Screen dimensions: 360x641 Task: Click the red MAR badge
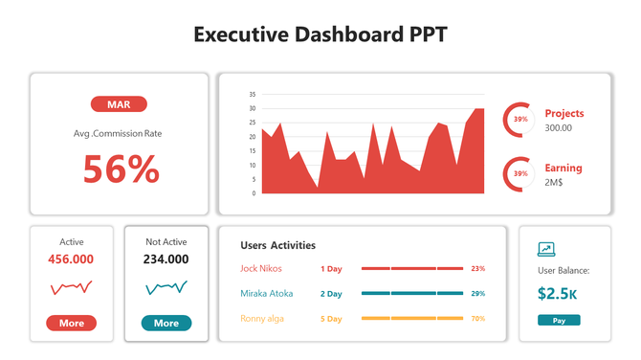coord(119,104)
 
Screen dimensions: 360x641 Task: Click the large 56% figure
coord(121,169)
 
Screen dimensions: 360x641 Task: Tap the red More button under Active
coord(72,323)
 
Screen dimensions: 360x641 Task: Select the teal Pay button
coord(559,320)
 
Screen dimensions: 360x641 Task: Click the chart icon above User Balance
coord(546,249)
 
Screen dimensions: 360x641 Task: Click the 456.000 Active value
coord(71,259)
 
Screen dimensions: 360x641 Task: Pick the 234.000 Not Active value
coord(166,259)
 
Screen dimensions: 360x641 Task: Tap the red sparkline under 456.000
coord(71,286)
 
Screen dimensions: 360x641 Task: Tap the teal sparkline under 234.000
coord(166,286)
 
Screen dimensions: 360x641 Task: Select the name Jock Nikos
coord(261,269)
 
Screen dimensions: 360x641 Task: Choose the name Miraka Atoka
coord(267,293)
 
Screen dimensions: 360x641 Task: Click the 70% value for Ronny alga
coord(478,318)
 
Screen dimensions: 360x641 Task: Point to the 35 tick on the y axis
coord(253,95)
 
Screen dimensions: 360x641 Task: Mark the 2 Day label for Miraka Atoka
coord(331,293)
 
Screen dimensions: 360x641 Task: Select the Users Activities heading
coord(277,246)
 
